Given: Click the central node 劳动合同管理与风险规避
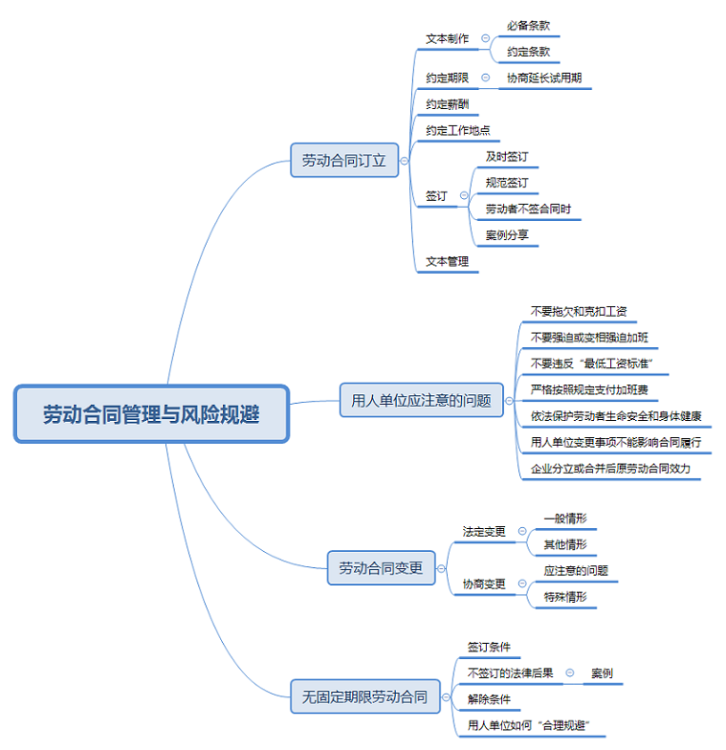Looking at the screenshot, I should click(151, 414).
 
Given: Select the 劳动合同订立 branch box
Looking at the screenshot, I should click(343, 161).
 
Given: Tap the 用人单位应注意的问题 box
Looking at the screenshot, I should click(421, 401).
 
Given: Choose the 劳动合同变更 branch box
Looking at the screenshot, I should click(381, 568).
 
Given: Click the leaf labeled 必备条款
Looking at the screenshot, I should click(528, 27).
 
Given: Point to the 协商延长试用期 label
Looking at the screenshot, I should click(544, 78).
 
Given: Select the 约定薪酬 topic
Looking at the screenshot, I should click(447, 104).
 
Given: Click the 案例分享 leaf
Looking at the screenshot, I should click(507, 235).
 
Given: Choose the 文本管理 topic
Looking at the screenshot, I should click(447, 261).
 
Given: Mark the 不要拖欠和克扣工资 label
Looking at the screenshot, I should click(579, 312).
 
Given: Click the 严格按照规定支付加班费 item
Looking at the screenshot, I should click(588, 390).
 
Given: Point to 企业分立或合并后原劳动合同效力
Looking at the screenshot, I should click(610, 469).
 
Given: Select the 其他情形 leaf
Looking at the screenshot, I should click(565, 545).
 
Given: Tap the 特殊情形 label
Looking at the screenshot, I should click(565, 597).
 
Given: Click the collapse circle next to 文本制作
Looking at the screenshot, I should click(486, 39).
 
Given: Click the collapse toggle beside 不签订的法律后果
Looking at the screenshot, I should click(570, 673).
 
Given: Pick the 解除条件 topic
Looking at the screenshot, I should click(489, 699).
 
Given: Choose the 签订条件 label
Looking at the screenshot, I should click(489, 648).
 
